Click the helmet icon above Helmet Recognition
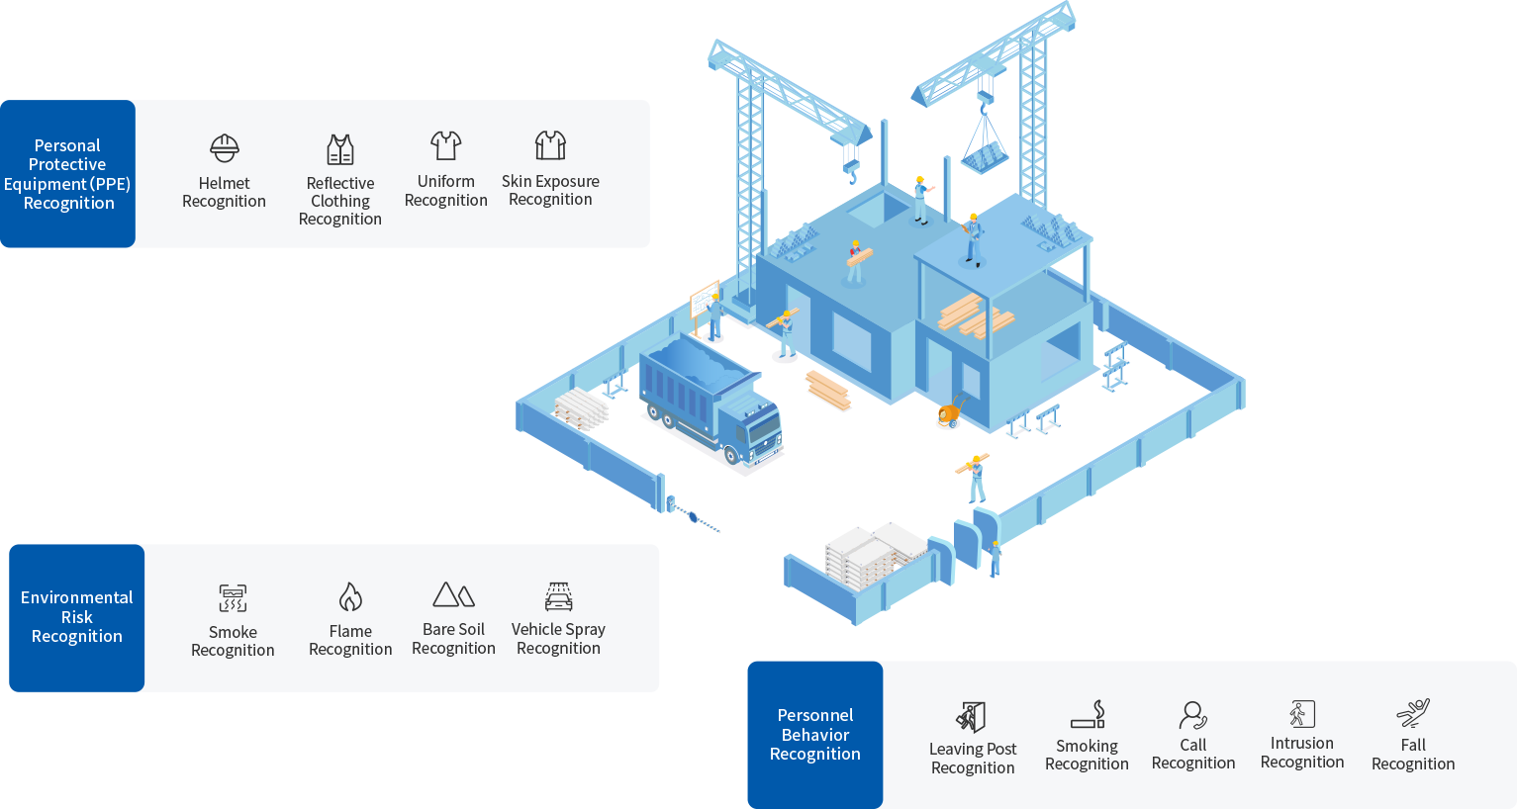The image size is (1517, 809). pos(225,148)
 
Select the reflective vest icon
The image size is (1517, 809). pos(340,149)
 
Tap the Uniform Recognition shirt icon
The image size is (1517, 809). pos(446,146)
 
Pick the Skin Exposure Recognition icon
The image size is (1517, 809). pos(550,145)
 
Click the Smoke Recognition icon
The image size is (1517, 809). pos(233,598)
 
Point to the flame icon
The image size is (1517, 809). pos(350,596)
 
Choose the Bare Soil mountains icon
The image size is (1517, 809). pos(454,594)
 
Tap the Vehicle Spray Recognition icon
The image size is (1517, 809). pos(559,596)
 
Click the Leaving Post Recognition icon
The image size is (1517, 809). pos(972,716)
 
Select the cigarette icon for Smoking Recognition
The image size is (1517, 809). pos(1088,714)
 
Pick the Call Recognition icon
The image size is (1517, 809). pos(1193,714)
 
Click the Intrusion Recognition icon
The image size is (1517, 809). pos(1302,713)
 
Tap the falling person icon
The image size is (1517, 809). pos(1413,713)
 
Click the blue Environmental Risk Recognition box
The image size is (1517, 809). pos(77,617)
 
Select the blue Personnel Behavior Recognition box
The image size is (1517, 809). pos(815,734)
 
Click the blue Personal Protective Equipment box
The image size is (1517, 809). pos(68,174)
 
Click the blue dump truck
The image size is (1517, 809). pos(711,400)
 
